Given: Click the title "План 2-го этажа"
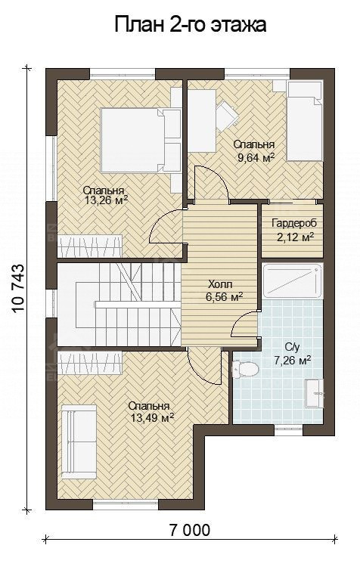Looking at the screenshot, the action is (191, 25).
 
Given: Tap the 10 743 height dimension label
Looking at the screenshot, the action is (18, 289).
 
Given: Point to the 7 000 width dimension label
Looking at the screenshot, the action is (190, 530).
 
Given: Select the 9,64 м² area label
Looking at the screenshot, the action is (256, 158).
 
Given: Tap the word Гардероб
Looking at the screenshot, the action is (294, 223).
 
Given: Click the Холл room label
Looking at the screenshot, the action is (220, 283).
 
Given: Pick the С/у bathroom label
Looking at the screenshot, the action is (292, 348).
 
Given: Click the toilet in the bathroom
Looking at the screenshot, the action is (247, 369).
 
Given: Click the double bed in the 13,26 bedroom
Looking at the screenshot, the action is (135, 140).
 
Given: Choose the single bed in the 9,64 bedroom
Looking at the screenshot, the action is (304, 121).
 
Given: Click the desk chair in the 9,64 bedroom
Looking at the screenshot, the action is (227, 113).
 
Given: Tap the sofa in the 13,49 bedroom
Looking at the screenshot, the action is (79, 441).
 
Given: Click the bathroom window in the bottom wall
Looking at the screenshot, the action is (288, 430).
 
